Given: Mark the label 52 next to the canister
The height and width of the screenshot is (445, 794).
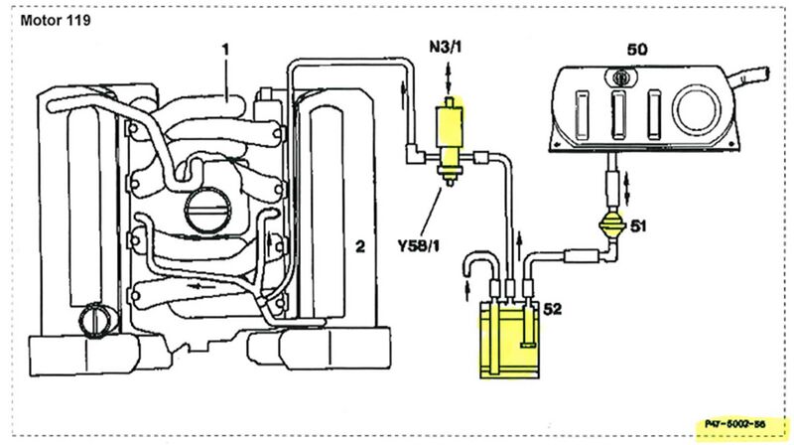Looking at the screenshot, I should [x=552, y=309].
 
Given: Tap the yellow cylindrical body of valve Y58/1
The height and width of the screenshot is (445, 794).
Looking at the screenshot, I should [x=450, y=125].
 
